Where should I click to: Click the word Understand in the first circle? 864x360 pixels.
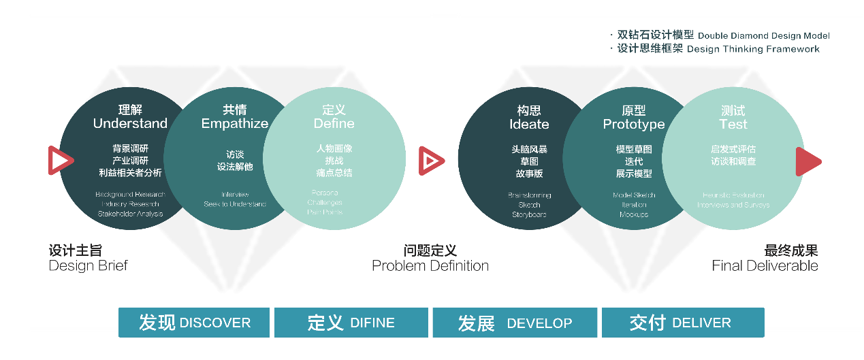click(x=130, y=124)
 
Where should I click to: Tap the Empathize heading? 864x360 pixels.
click(x=235, y=124)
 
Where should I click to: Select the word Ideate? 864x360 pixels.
click(x=529, y=125)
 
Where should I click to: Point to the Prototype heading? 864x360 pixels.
click(x=634, y=125)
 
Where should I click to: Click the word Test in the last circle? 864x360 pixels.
click(x=733, y=125)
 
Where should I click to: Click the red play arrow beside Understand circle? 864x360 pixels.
click(x=60, y=161)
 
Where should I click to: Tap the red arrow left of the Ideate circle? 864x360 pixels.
click(x=431, y=161)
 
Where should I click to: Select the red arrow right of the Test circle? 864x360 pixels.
click(x=808, y=161)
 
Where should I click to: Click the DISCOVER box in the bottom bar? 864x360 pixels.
click(x=195, y=323)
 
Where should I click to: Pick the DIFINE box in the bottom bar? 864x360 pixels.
click(x=351, y=323)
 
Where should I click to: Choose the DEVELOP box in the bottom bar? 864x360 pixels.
click(x=515, y=323)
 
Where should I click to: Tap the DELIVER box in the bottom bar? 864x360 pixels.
click(x=681, y=323)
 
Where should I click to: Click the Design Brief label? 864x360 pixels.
click(x=88, y=265)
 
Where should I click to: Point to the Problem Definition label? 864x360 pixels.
click(x=430, y=265)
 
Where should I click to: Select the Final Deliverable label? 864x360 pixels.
click(x=765, y=265)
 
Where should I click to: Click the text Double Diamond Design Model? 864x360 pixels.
click(x=764, y=35)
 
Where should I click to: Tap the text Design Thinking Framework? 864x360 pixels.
click(x=753, y=49)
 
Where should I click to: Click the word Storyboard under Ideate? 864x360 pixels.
click(x=529, y=214)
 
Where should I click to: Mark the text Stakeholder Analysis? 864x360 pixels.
click(x=129, y=214)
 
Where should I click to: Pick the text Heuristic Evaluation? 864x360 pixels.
click(x=733, y=195)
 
